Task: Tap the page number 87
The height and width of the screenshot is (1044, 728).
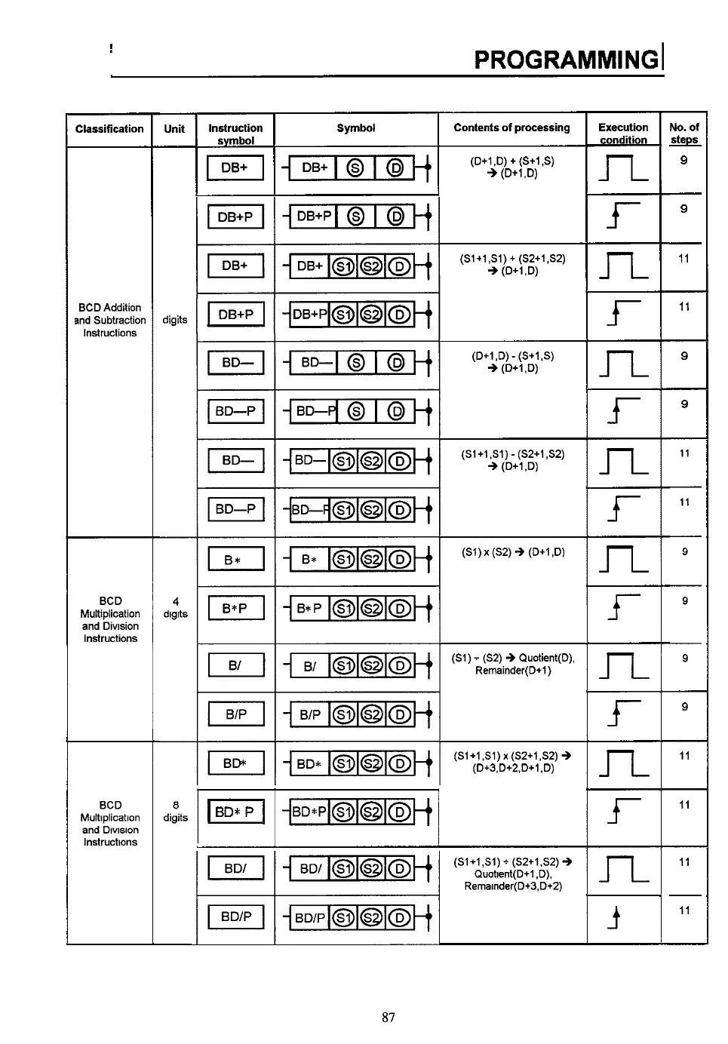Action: (x=389, y=1017)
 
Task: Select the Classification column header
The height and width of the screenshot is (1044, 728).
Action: (x=109, y=129)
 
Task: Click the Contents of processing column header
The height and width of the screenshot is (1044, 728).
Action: (x=511, y=127)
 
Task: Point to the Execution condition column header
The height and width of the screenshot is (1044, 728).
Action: (x=623, y=133)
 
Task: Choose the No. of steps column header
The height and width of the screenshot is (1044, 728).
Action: (x=684, y=133)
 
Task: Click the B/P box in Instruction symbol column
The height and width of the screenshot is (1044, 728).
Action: (x=236, y=714)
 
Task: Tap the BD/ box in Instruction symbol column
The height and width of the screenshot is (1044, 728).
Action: (x=236, y=868)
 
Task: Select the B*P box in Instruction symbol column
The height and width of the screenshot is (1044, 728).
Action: (x=236, y=608)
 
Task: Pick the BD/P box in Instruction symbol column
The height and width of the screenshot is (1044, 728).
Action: (x=236, y=917)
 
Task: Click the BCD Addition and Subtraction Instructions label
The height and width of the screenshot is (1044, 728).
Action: (x=110, y=320)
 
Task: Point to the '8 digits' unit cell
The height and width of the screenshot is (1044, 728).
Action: (x=175, y=811)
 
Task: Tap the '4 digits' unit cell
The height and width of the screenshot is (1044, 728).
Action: (x=175, y=607)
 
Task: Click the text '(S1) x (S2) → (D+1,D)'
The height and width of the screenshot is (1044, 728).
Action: (x=513, y=552)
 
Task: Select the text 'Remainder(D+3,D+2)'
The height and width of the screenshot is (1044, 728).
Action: (x=513, y=886)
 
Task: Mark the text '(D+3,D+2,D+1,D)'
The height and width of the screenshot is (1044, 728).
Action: (x=513, y=768)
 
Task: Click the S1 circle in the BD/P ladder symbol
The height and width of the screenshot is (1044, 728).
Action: (x=343, y=918)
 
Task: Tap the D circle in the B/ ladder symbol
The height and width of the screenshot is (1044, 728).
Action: (x=400, y=665)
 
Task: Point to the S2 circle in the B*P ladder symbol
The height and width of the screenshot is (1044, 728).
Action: (x=371, y=608)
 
